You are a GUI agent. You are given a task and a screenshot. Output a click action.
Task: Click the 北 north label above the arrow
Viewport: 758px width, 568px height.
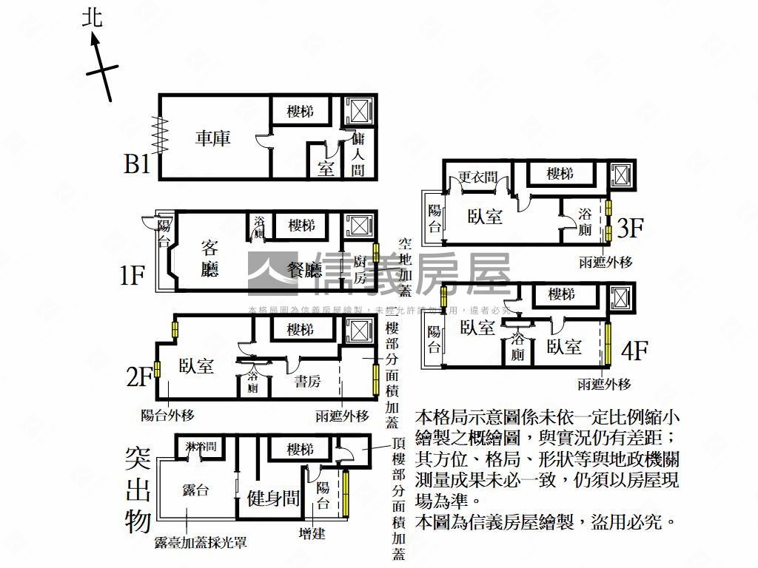(x=93, y=17)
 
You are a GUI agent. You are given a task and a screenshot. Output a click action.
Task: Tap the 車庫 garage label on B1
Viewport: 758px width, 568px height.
(x=212, y=138)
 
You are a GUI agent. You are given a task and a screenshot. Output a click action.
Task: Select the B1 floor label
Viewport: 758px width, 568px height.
(x=137, y=163)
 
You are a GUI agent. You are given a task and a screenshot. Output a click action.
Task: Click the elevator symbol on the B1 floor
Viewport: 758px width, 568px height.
(x=359, y=111)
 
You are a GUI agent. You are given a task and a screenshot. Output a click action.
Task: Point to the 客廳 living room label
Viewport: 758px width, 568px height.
(x=210, y=258)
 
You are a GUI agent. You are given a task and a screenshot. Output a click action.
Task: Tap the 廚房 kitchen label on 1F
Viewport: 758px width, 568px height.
(x=360, y=270)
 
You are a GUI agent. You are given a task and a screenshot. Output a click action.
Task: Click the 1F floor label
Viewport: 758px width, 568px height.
(x=132, y=276)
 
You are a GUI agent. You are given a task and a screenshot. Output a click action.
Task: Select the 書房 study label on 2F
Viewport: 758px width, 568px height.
(x=307, y=382)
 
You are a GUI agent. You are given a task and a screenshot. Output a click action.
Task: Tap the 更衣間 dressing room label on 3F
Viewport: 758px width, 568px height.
(x=477, y=177)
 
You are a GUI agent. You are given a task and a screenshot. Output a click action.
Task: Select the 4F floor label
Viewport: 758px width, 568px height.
(x=634, y=350)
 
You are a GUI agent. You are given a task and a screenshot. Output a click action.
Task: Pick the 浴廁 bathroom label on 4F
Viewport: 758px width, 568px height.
(x=518, y=347)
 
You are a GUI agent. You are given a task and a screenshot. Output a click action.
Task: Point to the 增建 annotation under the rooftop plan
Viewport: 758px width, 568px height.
(x=312, y=532)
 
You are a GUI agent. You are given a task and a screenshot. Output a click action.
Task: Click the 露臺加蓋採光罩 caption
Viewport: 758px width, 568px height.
(x=200, y=543)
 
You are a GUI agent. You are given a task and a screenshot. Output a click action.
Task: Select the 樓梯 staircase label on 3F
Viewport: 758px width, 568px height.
(x=560, y=174)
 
